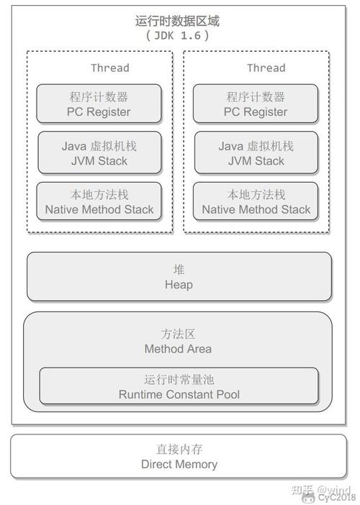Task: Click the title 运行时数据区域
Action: point(177,21)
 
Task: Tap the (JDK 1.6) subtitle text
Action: point(177,35)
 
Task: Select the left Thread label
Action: point(109,68)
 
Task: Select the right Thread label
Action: point(266,68)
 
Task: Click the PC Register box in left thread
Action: point(99,104)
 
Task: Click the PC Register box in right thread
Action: point(256,104)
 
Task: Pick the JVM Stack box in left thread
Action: point(99,153)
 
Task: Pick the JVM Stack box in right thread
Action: point(256,153)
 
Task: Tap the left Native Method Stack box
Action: point(99,202)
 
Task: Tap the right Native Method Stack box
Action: point(256,202)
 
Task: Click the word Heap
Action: point(179,285)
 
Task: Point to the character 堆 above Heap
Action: point(179,270)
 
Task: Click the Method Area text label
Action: point(178,349)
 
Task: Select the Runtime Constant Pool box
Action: point(179,386)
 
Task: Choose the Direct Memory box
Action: point(179,457)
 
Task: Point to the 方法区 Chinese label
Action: point(178,335)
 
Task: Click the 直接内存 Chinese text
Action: point(179,450)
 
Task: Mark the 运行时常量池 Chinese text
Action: point(179,379)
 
